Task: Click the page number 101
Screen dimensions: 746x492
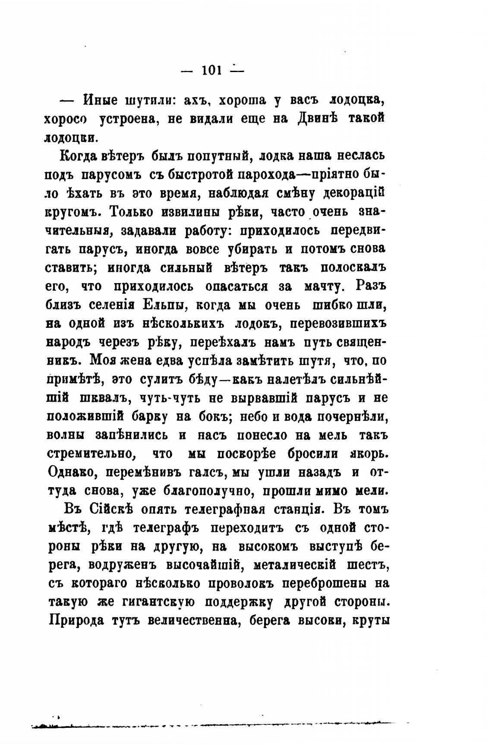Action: click(211, 69)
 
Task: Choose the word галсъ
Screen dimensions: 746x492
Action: click(205, 472)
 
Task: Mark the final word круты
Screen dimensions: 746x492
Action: click(371, 621)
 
